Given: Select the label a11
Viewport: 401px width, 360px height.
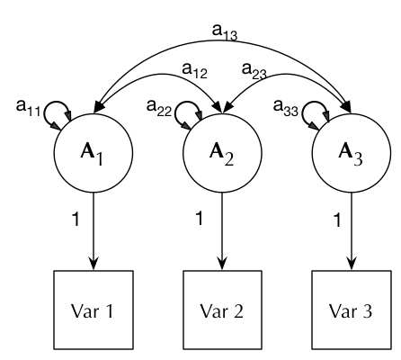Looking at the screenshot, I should pyautogui.click(x=29, y=107).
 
